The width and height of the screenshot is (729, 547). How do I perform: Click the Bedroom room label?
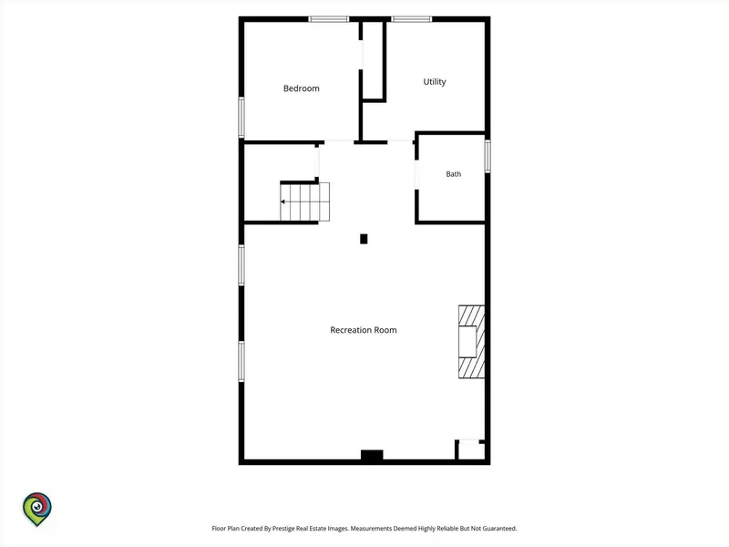(302, 88)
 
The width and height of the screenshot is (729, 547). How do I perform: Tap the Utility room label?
(435, 82)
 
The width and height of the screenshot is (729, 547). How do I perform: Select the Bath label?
(453, 174)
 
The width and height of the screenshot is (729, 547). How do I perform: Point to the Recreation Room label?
(363, 330)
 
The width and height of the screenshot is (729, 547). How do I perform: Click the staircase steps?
(304, 201)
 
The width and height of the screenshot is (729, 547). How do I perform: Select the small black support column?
(364, 239)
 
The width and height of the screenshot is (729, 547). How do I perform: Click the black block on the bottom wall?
(372, 455)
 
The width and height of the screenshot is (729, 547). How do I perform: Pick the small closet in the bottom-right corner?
(470, 449)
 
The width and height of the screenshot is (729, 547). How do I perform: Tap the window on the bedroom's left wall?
(241, 118)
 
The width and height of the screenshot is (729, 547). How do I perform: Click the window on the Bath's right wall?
(488, 156)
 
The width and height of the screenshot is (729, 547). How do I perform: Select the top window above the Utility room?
(412, 19)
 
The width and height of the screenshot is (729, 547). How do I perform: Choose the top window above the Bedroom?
(329, 19)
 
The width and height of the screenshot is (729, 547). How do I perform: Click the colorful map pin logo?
(37, 509)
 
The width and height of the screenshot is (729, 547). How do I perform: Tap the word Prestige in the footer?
(282, 529)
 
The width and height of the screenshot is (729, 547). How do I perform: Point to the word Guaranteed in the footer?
(499, 529)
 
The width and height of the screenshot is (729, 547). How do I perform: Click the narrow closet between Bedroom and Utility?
(373, 60)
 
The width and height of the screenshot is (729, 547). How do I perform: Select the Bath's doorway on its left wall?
(416, 174)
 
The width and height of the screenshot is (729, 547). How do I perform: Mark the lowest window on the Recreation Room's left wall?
(241, 361)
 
